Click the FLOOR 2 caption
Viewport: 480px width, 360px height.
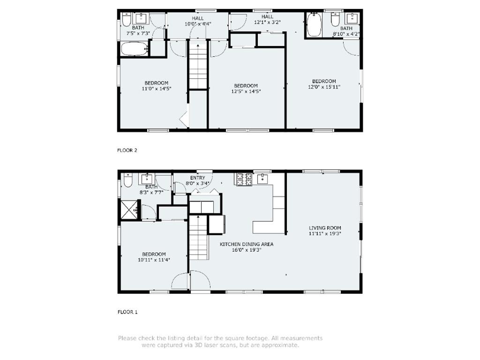127,150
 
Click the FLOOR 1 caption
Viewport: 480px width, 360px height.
127,312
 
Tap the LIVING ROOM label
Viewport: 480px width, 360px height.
325,228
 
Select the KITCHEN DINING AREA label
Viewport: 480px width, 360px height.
247,244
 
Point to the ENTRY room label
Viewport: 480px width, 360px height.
197,178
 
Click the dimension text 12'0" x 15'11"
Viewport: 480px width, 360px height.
324,87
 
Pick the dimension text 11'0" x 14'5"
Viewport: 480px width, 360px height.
157,89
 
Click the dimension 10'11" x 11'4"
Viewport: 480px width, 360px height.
154,260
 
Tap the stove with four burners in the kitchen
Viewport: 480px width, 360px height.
244,180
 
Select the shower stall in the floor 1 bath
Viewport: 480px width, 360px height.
129,210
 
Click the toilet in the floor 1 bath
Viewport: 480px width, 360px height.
127,180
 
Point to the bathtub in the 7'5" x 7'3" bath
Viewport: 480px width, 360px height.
135,49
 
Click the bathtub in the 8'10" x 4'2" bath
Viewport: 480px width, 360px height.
315,24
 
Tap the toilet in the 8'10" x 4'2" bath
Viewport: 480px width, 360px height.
335,19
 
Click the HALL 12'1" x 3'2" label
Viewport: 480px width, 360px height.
267,19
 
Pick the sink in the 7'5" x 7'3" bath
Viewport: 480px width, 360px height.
141,18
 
